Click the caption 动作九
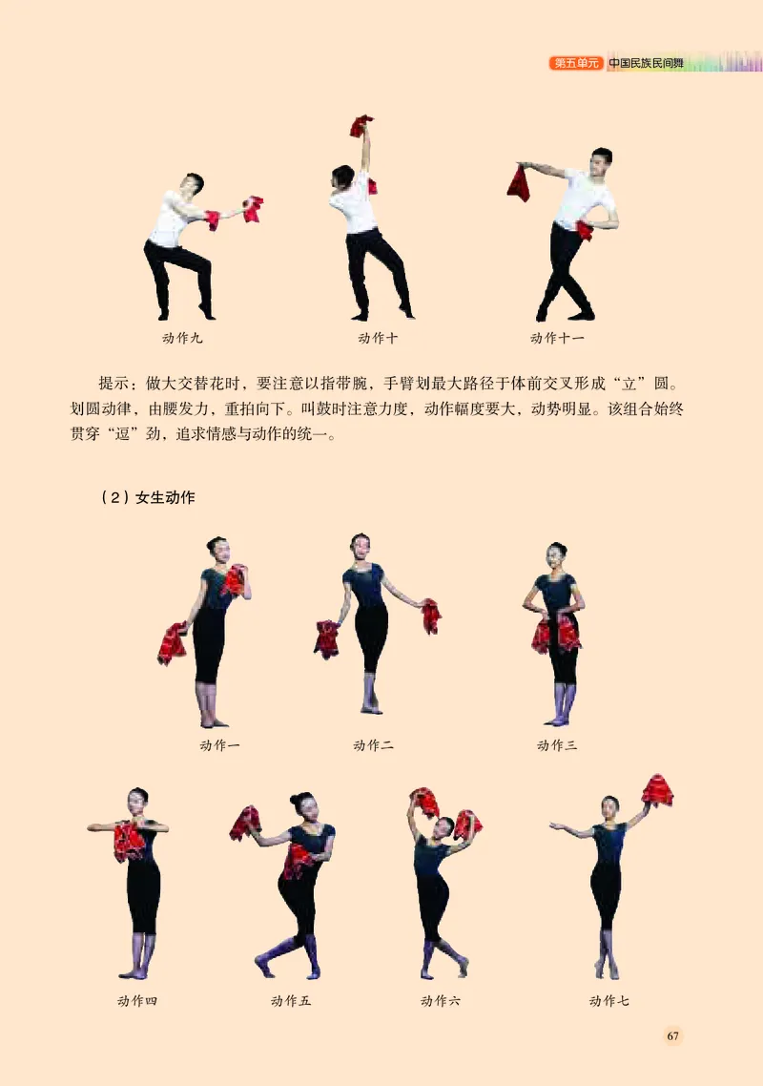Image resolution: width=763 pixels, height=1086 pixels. [x=182, y=338]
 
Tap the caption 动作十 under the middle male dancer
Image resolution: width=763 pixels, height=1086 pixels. [x=379, y=338]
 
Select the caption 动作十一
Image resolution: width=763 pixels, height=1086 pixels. [x=557, y=338]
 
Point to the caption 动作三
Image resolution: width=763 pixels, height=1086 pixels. [x=557, y=745]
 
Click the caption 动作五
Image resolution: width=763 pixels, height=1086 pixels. [x=291, y=1001]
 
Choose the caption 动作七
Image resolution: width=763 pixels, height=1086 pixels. [x=609, y=1001]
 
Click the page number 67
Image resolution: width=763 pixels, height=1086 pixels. [x=672, y=1036]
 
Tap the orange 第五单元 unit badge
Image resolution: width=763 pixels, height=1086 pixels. [x=576, y=64]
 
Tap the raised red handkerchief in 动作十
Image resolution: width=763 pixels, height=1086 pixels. [x=361, y=125]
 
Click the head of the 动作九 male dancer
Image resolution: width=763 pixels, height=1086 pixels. [x=194, y=182]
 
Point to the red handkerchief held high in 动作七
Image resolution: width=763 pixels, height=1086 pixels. [x=657, y=790]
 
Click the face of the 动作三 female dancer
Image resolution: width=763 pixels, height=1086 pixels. [x=557, y=554]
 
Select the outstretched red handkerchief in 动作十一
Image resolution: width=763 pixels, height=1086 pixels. [x=519, y=183]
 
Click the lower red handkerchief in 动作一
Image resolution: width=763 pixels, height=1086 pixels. [x=173, y=643]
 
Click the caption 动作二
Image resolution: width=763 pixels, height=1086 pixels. [x=373, y=745]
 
